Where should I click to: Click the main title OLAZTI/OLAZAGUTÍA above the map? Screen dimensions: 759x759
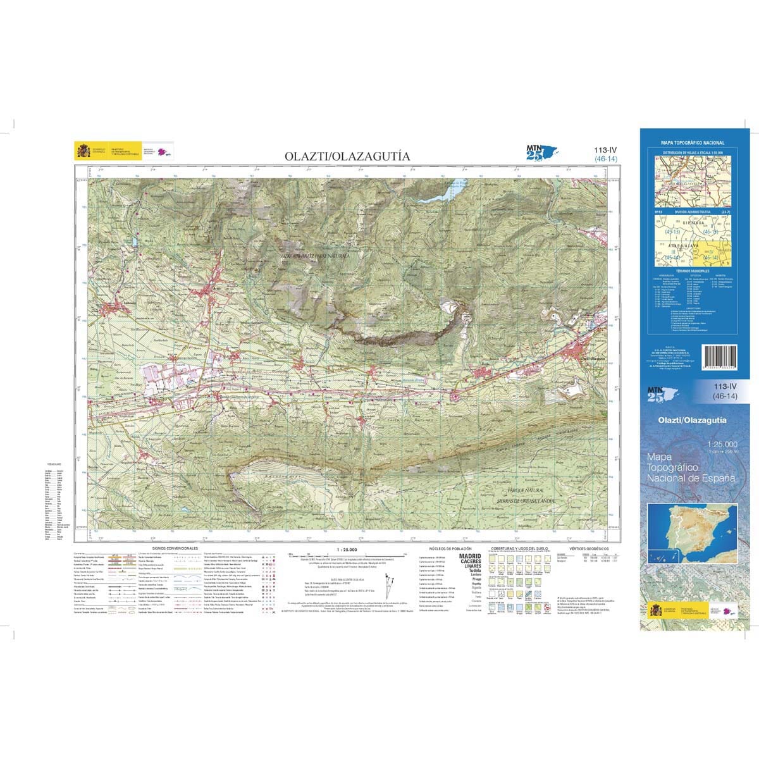pyautogui.click(x=347, y=156)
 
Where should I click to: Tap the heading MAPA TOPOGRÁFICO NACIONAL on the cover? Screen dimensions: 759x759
pyautogui.click(x=693, y=144)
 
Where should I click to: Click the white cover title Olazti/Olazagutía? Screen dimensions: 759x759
pyautogui.click(x=692, y=419)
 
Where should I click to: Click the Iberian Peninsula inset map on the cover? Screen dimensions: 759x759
pyautogui.click(x=692, y=531)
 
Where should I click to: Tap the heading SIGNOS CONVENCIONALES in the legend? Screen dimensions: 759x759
pyautogui.click(x=175, y=548)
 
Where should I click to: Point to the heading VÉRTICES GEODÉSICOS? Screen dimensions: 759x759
pyautogui.click(x=588, y=548)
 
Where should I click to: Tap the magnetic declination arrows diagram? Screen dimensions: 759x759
pyautogui.click(x=386, y=582)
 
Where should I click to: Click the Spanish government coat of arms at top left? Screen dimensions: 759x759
pyautogui.click(x=83, y=152)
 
